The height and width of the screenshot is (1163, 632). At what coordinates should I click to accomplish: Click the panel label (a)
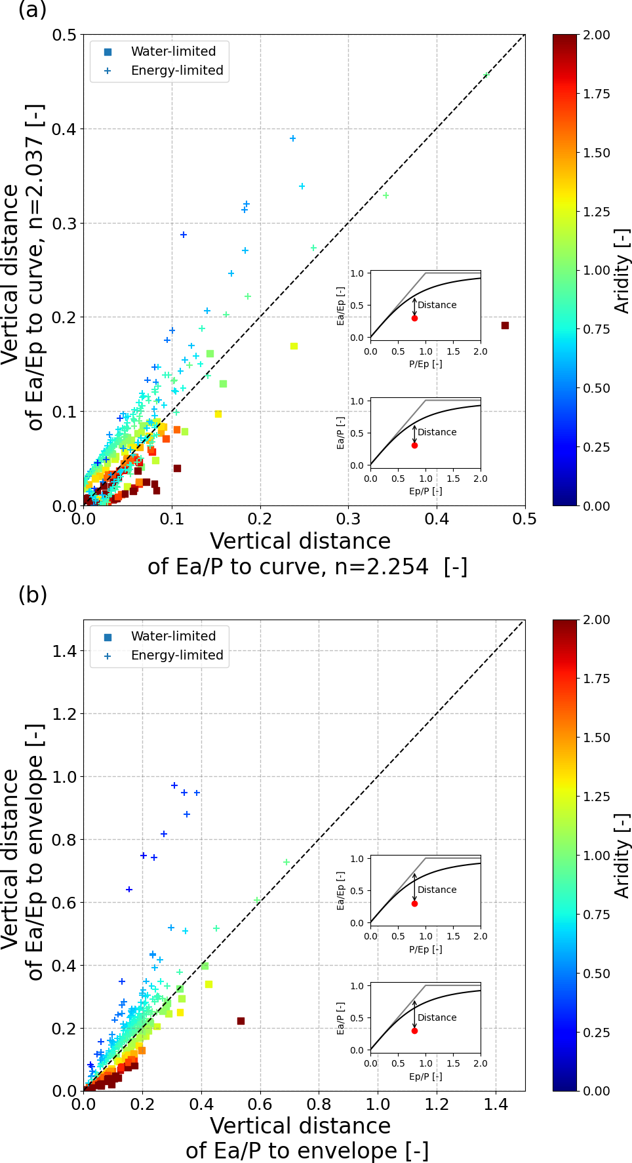(32, 10)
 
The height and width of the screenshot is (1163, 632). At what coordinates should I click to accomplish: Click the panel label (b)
(32, 595)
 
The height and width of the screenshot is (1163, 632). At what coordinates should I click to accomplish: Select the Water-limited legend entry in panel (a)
(173, 51)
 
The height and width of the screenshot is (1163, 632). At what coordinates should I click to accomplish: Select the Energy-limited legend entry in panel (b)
(177, 655)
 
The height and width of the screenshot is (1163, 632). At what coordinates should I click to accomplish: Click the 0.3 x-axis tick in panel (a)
(349, 519)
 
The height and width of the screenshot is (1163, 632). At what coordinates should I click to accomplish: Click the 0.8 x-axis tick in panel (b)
(319, 1104)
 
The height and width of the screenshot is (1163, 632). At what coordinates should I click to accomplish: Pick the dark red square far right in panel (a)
(505, 325)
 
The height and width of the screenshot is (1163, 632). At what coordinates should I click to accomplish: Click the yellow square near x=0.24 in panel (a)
(294, 346)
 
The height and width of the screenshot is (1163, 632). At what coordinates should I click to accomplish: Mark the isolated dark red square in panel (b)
(241, 1021)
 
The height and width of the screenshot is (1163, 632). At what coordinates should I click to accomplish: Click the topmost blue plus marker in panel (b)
(174, 785)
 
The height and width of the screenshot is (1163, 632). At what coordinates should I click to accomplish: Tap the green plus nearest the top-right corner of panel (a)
(486, 75)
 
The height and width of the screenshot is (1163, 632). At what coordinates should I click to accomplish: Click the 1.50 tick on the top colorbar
(597, 153)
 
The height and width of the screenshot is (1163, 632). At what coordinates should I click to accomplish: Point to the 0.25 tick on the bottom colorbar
(597, 1033)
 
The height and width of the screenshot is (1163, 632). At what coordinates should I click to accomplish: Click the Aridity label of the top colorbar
(622, 270)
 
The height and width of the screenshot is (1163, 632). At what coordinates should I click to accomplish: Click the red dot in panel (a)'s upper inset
(414, 318)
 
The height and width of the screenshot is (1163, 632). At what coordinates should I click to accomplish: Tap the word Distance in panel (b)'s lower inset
(437, 1017)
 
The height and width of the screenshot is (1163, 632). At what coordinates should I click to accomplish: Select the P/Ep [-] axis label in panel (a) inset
(425, 364)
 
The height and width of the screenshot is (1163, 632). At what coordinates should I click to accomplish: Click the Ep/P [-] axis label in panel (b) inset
(425, 1076)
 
